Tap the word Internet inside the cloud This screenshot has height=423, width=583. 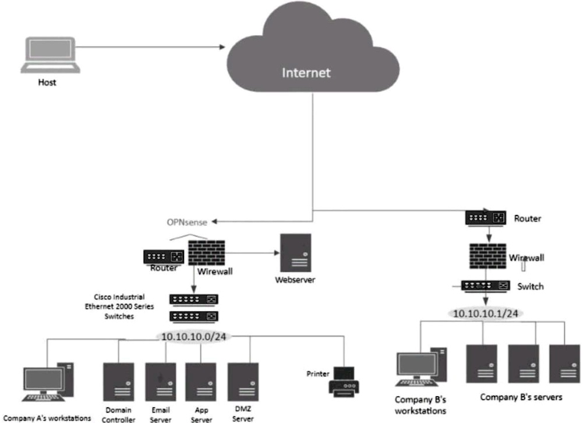point(306,73)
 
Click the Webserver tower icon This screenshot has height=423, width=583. point(295,252)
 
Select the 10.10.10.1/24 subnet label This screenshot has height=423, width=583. point(485,313)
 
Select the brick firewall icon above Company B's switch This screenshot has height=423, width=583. point(488,256)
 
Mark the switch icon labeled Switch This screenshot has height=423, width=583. point(486,286)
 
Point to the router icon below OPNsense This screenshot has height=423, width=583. point(164,256)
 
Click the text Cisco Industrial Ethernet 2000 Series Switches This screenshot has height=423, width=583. point(123,306)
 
